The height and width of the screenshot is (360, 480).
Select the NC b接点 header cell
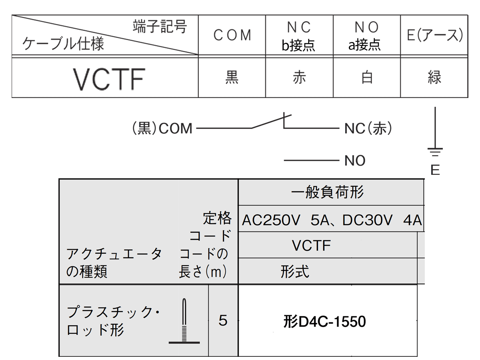[x=299, y=36]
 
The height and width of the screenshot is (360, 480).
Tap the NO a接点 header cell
[x=366, y=36]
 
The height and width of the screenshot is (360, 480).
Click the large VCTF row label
[x=108, y=79]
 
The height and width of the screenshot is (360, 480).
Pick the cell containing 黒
[x=232, y=78]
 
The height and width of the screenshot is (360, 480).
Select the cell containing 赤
[x=299, y=78]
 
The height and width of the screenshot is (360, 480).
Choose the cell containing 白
[x=366, y=78]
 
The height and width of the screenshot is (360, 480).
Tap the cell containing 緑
[x=434, y=78]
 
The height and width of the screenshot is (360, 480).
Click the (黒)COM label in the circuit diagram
[x=162, y=129]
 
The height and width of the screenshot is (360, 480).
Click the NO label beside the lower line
[x=355, y=161]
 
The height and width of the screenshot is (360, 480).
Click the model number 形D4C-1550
[x=324, y=322]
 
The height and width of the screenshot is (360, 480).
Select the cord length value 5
[x=223, y=321]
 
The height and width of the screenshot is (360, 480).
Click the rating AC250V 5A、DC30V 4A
[x=332, y=220]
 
